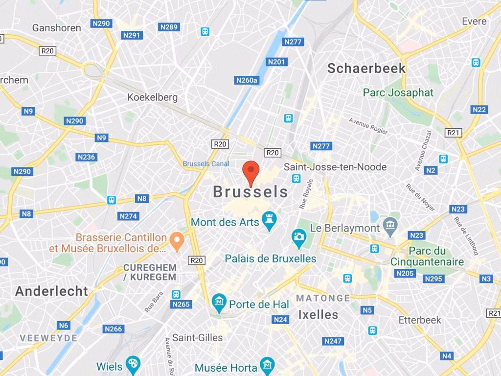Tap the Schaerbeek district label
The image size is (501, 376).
pyautogui.click(x=366, y=68)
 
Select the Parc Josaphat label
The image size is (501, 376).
pyautogui.click(x=398, y=93)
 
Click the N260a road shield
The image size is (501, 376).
pyautogui.click(x=247, y=80)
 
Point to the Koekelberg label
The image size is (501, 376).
pyautogui.click(x=153, y=97)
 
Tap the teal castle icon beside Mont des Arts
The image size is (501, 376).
pyautogui.click(x=269, y=221)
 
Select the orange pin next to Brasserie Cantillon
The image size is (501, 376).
pyautogui.click(x=177, y=239)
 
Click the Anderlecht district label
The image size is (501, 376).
pyautogui.click(x=51, y=291)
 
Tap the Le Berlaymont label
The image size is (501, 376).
pyautogui.click(x=345, y=228)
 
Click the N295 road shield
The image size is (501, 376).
pyautogui.click(x=433, y=279)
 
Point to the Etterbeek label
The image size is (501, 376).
pyautogui.click(x=420, y=320)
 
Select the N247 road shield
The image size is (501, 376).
pyautogui.click(x=333, y=341)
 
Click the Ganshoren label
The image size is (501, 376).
pyautogui.click(x=57, y=28)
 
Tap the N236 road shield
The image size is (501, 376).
pyautogui.click(x=86, y=157)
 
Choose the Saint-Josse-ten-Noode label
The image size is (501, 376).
pyautogui.click(x=335, y=167)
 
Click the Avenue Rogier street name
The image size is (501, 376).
pyautogui.click(x=368, y=126)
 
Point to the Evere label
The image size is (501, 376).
pyautogui.click(x=474, y=21)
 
